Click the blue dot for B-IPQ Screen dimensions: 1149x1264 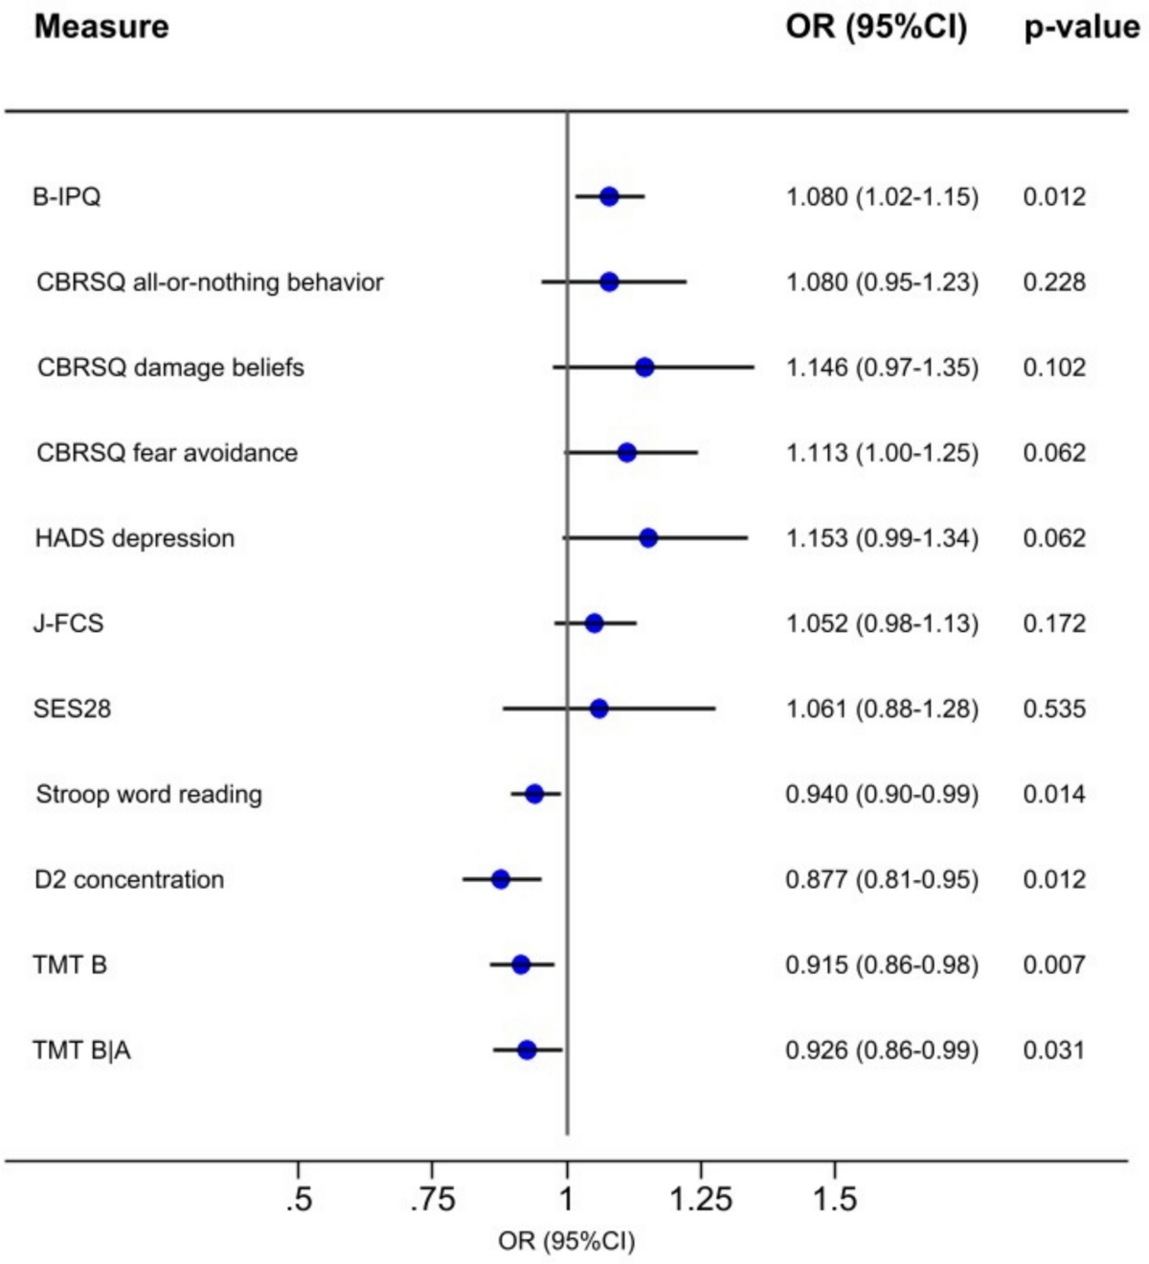click(x=609, y=196)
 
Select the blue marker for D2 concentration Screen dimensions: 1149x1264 click(x=501, y=879)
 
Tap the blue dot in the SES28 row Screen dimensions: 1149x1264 click(x=598, y=709)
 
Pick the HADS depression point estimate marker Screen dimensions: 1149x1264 click(x=648, y=538)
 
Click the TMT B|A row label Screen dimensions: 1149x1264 click(x=82, y=1050)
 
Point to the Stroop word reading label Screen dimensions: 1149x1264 click(x=148, y=794)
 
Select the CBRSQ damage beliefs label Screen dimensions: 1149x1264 click(x=170, y=368)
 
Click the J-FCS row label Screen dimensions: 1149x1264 click(x=69, y=623)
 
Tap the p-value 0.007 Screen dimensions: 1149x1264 click(x=1054, y=964)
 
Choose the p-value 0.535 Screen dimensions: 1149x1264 click(x=1054, y=709)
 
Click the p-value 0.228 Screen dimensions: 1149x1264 click(x=1054, y=282)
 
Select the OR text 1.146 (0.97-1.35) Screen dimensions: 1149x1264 click(x=883, y=368)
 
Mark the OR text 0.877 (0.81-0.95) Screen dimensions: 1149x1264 click(x=883, y=880)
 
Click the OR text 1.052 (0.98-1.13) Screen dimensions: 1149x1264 click(x=883, y=623)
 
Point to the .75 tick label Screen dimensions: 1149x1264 click(x=433, y=1200)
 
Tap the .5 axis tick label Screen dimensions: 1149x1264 click(x=299, y=1200)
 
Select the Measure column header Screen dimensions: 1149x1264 click(x=101, y=28)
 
